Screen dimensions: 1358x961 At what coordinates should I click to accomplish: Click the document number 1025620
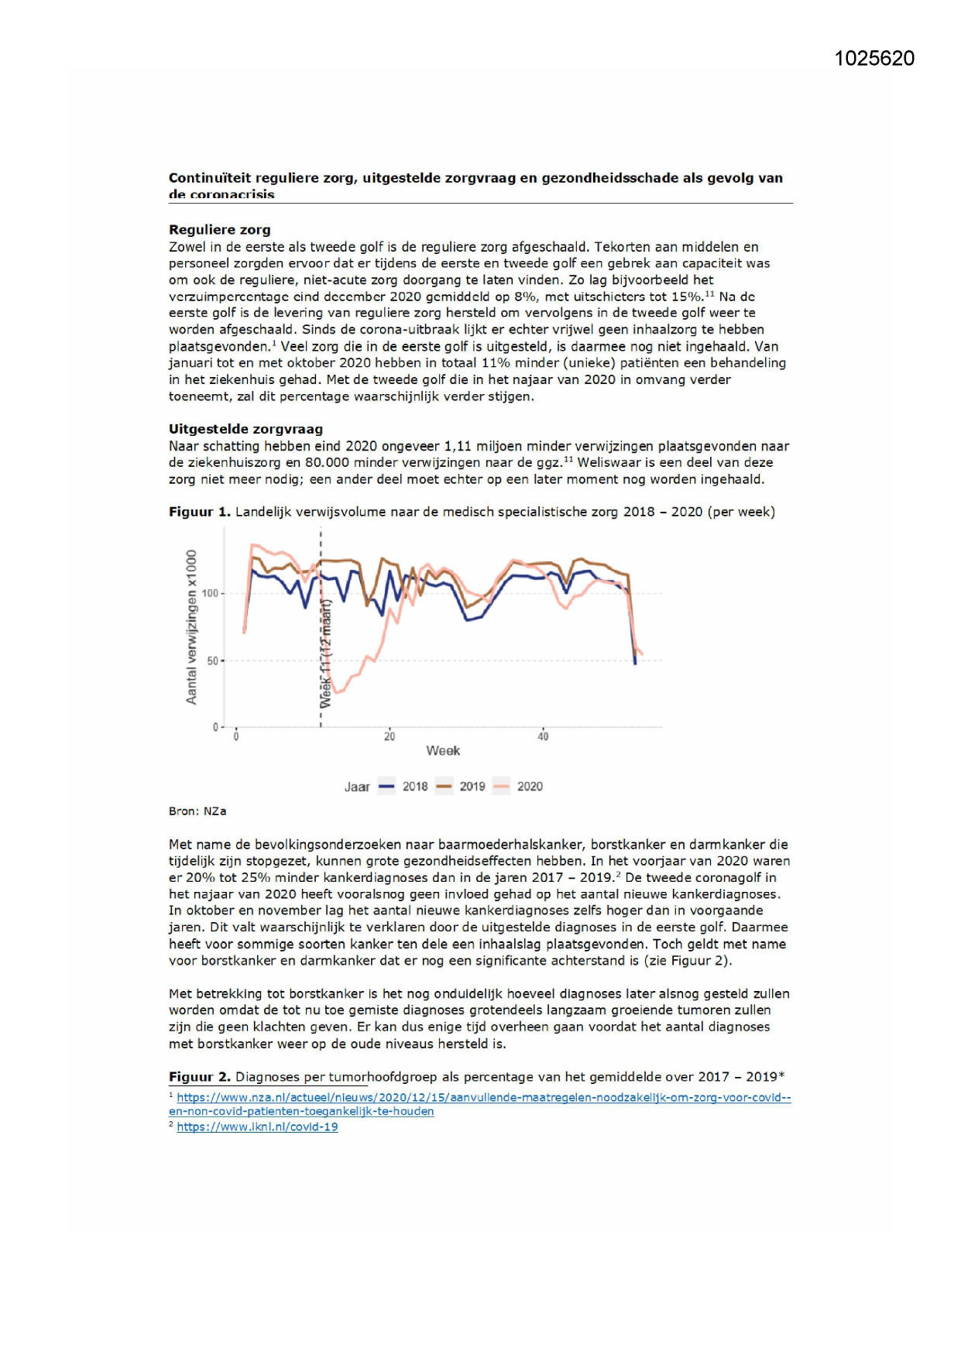874,59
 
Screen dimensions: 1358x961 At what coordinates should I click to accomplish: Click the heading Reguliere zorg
219,230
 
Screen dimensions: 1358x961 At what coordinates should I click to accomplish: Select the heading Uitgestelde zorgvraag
245,429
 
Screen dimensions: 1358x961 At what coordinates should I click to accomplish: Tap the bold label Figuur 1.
199,512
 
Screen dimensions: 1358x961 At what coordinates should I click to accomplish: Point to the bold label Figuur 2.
199,1077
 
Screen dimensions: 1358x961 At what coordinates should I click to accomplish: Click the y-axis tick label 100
210,594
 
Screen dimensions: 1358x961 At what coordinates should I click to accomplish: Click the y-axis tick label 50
212,661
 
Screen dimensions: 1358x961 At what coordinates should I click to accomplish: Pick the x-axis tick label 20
390,737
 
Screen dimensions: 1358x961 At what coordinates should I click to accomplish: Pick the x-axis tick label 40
543,737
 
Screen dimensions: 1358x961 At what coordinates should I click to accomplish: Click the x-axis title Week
443,751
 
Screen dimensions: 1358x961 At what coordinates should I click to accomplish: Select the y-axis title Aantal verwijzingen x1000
191,627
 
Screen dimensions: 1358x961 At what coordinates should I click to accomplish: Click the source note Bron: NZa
197,811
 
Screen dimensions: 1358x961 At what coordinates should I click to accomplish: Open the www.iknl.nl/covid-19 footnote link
257,1127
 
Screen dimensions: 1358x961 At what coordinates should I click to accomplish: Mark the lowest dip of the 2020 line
337,692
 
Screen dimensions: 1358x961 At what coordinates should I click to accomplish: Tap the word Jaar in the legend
357,787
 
